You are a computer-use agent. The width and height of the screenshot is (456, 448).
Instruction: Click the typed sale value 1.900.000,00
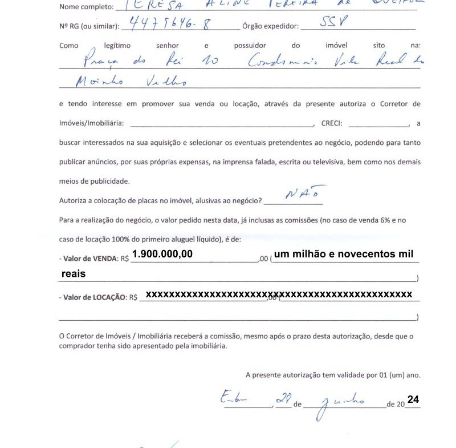click(x=162, y=253)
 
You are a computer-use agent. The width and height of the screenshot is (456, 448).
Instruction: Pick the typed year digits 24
click(x=413, y=400)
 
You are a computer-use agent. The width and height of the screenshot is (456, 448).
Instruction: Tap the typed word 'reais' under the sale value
click(x=74, y=274)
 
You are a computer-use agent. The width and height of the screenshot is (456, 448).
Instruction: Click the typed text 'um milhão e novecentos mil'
click(x=344, y=253)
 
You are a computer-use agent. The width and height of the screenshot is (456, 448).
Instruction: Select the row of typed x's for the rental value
click(x=279, y=294)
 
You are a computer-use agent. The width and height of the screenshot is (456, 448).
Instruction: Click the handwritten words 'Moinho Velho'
click(x=114, y=83)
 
